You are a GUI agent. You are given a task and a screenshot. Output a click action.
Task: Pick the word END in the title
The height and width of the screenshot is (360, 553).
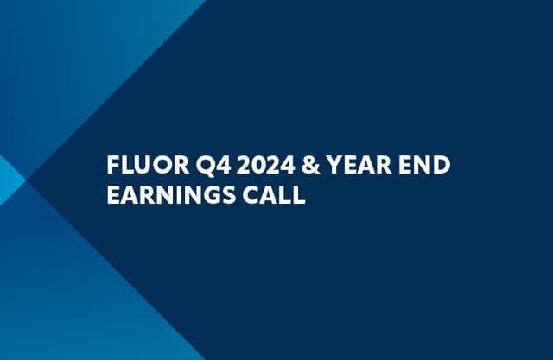423,165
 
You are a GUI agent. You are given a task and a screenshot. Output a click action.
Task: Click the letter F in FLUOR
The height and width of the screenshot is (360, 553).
111,165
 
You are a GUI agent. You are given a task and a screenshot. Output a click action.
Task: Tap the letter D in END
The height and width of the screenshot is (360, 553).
441,165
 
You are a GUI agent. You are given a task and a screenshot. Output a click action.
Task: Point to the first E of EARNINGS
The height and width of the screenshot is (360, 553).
111,195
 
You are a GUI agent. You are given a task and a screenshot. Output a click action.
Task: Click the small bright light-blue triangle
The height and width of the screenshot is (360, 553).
8,180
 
